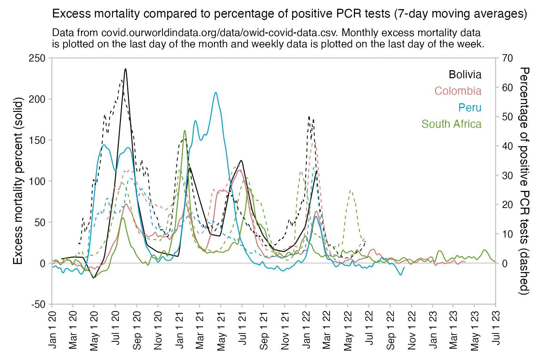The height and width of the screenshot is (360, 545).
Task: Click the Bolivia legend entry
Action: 465,75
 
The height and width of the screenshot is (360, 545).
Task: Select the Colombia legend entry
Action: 458,91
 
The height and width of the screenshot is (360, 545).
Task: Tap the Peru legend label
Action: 469,108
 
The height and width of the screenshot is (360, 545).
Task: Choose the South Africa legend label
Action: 451,124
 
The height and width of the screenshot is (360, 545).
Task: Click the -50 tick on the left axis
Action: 38,304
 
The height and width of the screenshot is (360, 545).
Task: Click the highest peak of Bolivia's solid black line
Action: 125,69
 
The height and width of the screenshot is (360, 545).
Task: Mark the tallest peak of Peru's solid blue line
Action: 216,92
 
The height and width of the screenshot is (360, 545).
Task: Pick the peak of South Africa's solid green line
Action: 185,131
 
